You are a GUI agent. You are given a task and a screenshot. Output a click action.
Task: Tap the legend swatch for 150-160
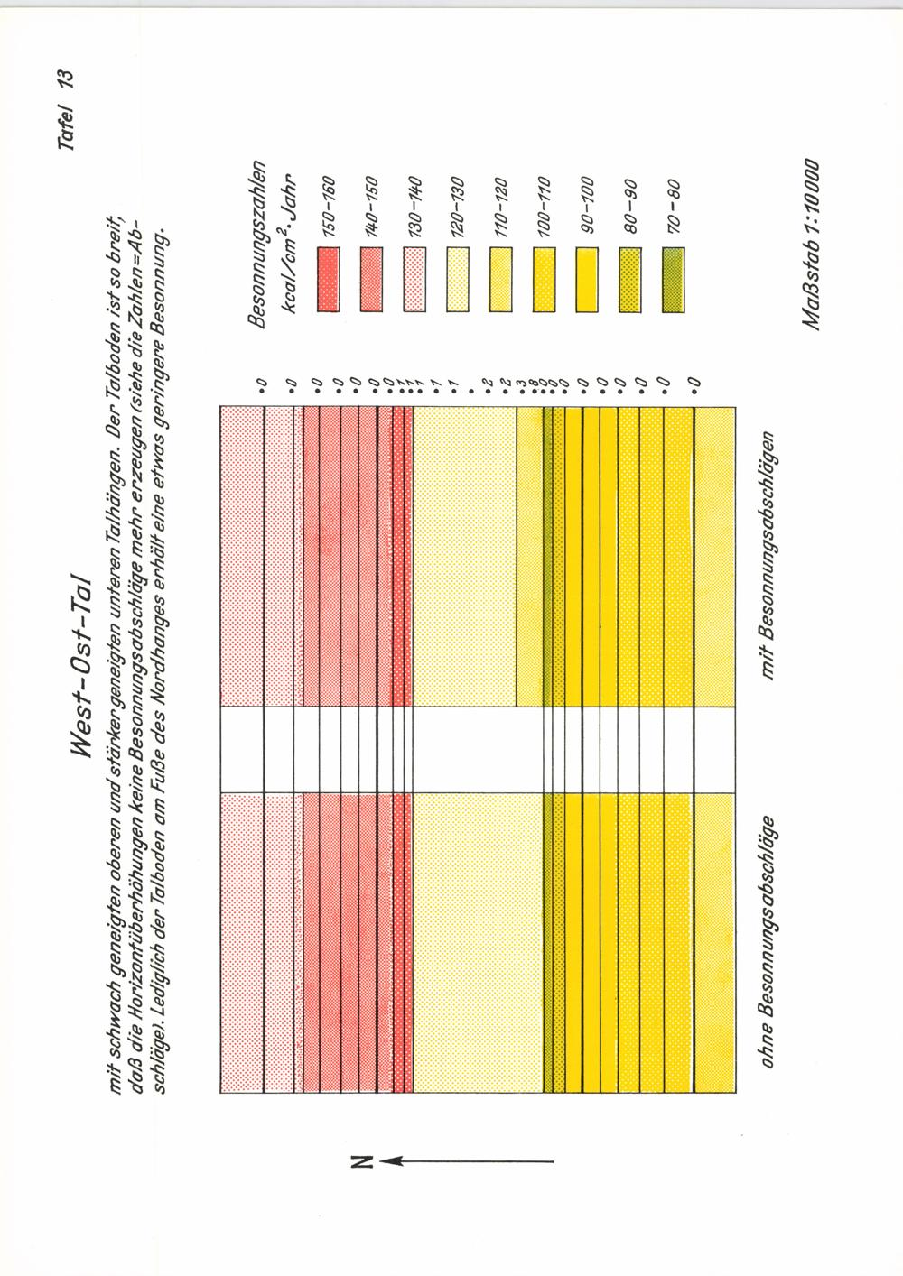point(329,279)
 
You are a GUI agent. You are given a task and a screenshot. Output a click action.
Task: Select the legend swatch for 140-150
point(371,279)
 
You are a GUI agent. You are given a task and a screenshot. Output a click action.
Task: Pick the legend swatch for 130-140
point(414,279)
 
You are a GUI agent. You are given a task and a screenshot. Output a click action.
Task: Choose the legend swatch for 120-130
point(457,279)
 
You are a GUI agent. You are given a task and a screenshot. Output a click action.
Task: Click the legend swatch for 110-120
point(500,279)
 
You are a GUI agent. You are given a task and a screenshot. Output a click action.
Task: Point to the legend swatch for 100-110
point(544,279)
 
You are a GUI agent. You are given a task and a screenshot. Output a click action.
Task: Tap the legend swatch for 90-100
point(586,279)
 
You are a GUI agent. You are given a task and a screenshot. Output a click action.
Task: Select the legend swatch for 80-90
point(629,279)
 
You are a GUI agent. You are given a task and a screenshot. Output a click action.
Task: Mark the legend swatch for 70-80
point(673,279)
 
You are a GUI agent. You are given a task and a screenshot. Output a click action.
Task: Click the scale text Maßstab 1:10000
point(809,245)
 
